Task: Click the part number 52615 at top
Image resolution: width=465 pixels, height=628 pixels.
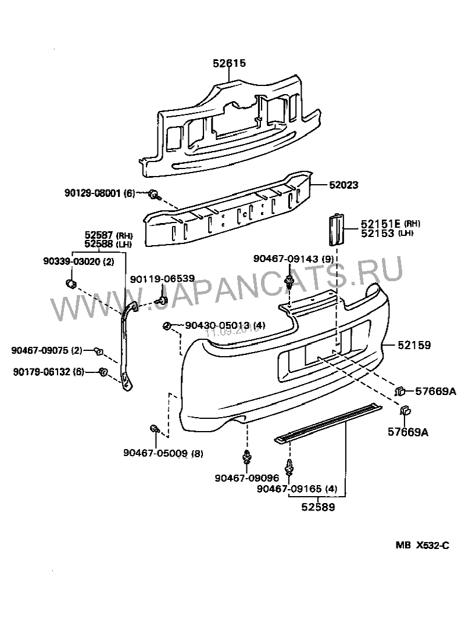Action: pos(229,63)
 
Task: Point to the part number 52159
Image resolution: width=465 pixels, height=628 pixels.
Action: pos(414,345)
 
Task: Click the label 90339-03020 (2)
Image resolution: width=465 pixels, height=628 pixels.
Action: pos(78,262)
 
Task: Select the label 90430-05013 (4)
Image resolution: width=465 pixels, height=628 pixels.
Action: pos(217,325)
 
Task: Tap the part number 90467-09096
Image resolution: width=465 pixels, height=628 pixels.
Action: pos(246,478)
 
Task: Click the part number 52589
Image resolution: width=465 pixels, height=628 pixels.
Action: pos(317,507)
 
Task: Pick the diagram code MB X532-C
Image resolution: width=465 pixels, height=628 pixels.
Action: pos(423,545)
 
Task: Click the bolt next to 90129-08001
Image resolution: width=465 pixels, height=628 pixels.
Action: pos(155,193)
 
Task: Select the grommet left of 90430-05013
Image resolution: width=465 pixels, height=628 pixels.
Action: pos(167,325)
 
